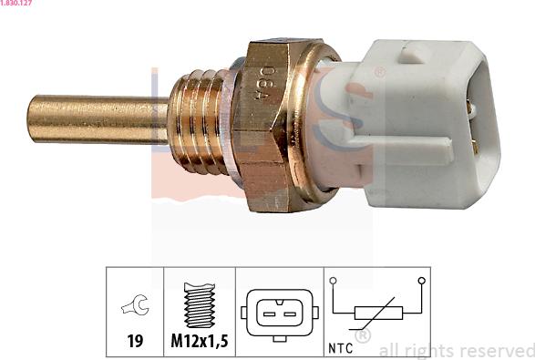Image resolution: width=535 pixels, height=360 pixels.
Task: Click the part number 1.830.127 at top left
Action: tap(15, 3)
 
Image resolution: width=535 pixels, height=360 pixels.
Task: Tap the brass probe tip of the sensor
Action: tap(98, 119)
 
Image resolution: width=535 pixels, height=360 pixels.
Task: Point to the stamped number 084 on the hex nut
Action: tap(266, 84)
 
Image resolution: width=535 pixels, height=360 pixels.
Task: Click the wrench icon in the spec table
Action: tap(135, 304)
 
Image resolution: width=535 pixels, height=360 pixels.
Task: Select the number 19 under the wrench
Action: tap(135, 341)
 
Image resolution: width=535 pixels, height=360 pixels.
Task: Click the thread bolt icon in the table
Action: tap(200, 305)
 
